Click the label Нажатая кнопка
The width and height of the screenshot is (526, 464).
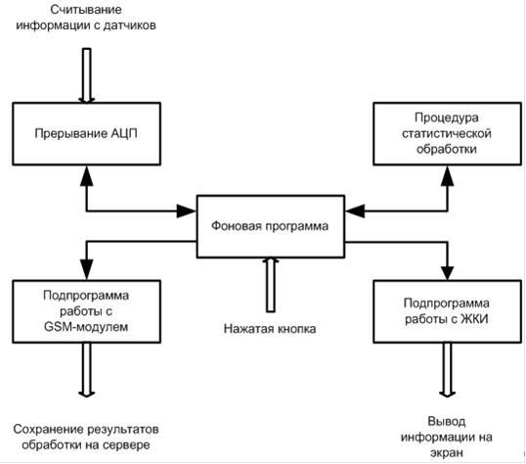pyautogui.click(x=270, y=329)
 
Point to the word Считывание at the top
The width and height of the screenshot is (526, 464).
pyautogui.click(x=86, y=10)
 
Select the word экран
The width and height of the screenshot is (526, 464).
pyautogui.click(x=447, y=453)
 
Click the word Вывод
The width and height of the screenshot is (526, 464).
pyautogui.click(x=447, y=421)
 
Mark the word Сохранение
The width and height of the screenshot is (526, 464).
pyautogui.click(x=48, y=429)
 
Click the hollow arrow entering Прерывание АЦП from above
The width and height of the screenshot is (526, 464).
pyautogui.click(x=87, y=75)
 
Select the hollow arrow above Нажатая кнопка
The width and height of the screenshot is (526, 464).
pyautogui.click(x=271, y=285)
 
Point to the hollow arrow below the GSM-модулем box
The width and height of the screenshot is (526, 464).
pyautogui.click(x=87, y=370)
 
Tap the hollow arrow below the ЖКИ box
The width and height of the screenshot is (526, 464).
pyautogui.click(x=447, y=370)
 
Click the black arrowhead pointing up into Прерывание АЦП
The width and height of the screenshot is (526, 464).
pyautogui.click(x=87, y=175)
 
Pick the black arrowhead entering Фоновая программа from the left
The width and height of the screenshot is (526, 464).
pyautogui.click(x=187, y=211)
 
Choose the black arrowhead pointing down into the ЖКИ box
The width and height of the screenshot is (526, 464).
pyautogui.click(x=447, y=273)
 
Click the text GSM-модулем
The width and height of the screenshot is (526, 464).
pyautogui.click(x=86, y=327)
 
